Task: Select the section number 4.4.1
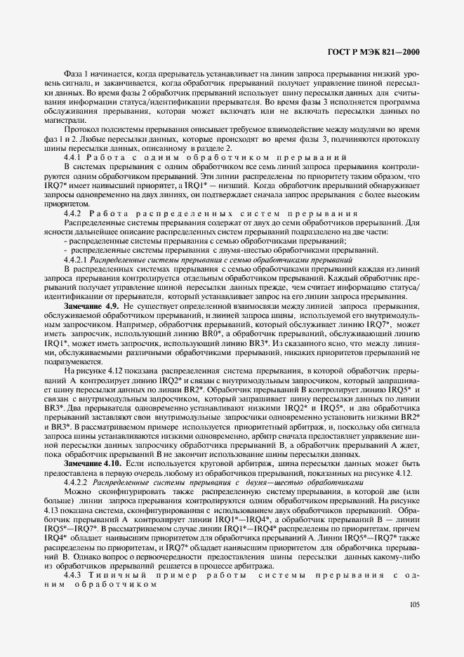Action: coord(74,155)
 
